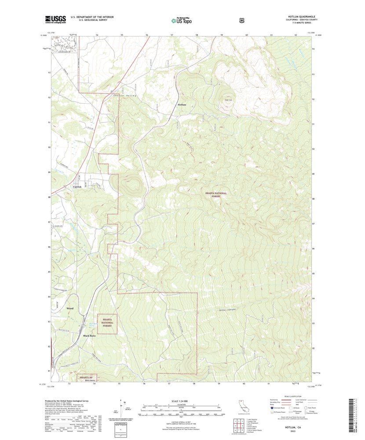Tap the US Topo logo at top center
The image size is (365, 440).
181,20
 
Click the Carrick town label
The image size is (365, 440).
77,186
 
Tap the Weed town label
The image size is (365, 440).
70,309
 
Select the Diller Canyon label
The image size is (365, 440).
228,310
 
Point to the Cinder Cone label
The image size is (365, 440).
228,99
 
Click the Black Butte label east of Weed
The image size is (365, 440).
90,335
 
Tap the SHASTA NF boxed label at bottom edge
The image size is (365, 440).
86,377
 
